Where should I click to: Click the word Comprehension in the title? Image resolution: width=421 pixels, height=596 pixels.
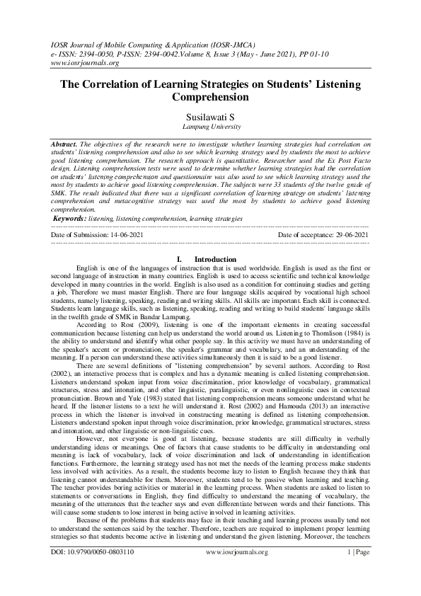tap(210, 97)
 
